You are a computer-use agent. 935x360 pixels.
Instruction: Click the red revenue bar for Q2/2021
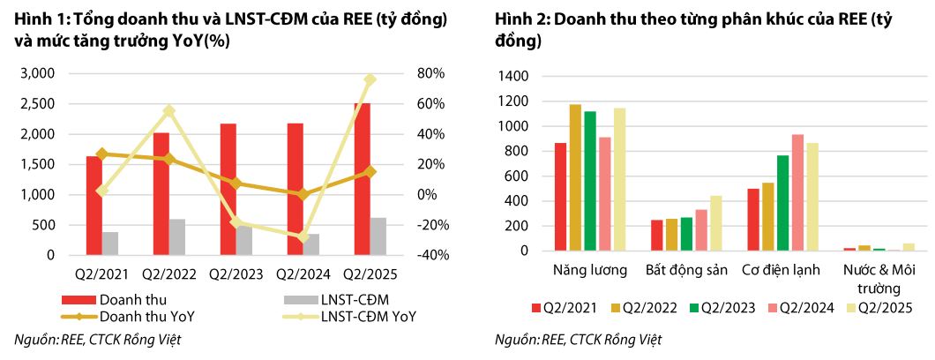click(93, 205)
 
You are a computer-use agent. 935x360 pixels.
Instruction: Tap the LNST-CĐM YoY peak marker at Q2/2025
click(370, 79)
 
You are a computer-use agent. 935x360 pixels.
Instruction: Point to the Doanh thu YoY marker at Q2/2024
click(303, 194)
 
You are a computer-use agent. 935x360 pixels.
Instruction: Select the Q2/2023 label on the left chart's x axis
click(236, 274)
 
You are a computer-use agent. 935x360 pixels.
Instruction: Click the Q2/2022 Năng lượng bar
click(575, 177)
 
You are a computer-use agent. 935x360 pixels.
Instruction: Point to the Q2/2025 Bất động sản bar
click(715, 223)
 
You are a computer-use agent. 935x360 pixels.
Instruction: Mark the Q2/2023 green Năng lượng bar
click(590, 181)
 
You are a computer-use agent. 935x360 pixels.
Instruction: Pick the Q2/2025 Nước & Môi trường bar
click(909, 246)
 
